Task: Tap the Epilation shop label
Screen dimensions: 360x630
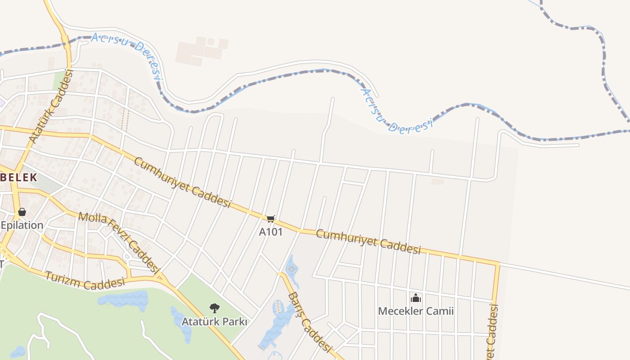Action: point(22,225)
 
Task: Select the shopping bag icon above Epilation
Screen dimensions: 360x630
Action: point(22,212)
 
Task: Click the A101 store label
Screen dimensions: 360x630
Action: point(270,232)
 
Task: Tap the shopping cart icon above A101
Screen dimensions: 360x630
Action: point(270,219)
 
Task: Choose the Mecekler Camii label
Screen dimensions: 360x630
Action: point(416,311)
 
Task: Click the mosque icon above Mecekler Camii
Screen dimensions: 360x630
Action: point(416,298)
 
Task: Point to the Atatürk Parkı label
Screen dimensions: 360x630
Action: point(214,322)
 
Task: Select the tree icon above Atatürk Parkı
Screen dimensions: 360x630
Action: point(215,308)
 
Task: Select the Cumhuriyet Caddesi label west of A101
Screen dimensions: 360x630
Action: point(182,182)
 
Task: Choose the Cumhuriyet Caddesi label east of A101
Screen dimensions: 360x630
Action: point(368,242)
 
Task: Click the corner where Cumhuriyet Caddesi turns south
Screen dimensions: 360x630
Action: point(497,263)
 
